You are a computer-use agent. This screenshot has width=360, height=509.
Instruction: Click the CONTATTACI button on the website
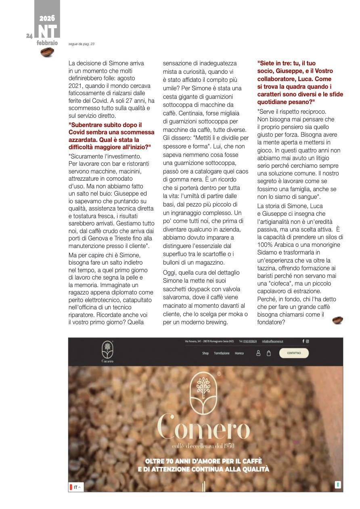(293, 353)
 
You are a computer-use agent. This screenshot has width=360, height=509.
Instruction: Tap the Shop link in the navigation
(205, 353)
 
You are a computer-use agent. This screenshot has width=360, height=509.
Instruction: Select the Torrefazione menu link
(222, 353)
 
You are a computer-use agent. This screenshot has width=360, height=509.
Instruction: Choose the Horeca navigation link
(239, 353)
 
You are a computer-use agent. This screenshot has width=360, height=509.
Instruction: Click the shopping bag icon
(269, 353)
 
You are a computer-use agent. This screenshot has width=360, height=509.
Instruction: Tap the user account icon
(259, 353)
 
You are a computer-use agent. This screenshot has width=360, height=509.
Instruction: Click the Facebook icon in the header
(303, 341)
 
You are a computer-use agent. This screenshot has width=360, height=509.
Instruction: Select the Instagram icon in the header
(308, 341)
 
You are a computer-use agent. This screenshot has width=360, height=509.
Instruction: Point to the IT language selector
(75, 487)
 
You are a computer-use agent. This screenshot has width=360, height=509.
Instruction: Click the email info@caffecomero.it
(272, 341)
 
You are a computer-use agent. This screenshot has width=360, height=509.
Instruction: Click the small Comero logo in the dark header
(107, 351)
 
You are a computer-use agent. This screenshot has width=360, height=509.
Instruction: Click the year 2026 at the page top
(47, 18)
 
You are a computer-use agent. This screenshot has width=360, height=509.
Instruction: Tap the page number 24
(29, 36)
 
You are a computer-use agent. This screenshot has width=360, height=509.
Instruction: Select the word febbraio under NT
(47, 43)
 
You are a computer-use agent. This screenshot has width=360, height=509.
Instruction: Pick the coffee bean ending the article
(337, 320)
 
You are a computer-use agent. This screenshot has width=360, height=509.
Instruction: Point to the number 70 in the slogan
(168, 461)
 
